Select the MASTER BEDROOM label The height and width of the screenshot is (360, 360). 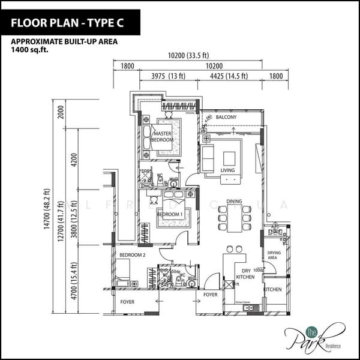(163, 136)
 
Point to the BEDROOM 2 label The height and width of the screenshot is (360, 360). (133, 255)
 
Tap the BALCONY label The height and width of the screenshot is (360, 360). (226, 117)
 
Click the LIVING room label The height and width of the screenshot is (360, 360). (227, 170)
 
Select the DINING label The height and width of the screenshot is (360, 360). (234, 201)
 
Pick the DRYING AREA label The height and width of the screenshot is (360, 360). (274, 256)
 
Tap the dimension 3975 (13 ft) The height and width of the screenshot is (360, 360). (169, 76)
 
